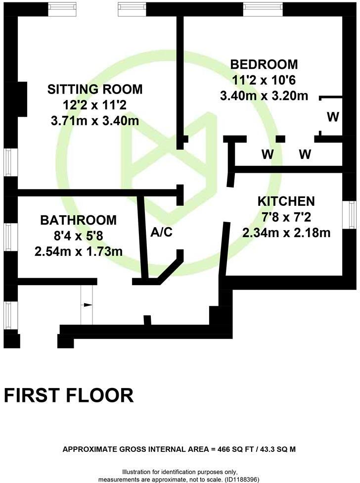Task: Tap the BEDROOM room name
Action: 264,64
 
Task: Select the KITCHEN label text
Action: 286,201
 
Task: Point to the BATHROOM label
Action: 79,220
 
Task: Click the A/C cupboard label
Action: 161,232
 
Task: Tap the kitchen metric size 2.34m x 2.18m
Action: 286,232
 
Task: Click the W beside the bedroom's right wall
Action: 333,117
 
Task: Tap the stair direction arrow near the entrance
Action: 88,305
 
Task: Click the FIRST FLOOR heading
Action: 69,395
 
